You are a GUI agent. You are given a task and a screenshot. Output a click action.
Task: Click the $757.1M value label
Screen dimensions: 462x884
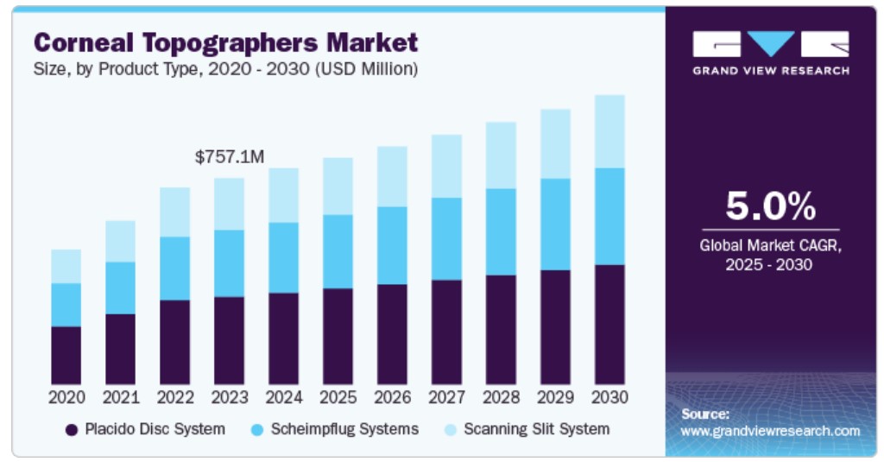(229, 157)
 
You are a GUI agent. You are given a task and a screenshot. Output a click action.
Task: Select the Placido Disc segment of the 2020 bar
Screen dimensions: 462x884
(66, 355)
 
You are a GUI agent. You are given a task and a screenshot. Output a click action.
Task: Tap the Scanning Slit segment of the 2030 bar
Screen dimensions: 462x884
(609, 131)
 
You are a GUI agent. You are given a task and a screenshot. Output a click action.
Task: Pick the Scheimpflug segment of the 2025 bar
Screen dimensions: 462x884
(338, 251)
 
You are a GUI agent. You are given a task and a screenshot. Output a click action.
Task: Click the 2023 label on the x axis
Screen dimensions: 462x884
(230, 398)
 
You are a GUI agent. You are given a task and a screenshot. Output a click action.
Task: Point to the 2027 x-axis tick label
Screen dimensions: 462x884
(446, 398)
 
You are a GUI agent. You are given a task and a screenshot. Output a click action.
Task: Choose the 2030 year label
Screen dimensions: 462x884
(609, 398)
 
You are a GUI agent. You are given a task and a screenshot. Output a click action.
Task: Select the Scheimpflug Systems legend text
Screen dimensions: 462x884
(344, 429)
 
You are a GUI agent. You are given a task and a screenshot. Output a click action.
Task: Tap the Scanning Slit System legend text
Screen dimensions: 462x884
(536, 429)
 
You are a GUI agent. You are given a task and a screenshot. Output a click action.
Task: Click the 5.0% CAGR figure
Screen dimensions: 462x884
(769, 207)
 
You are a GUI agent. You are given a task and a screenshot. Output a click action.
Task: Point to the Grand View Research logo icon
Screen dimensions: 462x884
(770, 44)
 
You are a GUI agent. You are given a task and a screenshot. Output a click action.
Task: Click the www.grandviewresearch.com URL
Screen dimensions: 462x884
(770, 431)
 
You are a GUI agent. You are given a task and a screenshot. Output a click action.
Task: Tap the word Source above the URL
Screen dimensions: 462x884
(705, 414)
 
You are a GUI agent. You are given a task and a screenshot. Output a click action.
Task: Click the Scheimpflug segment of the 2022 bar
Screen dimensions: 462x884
(174, 269)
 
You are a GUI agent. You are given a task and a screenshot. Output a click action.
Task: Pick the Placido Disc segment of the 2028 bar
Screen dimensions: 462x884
(501, 330)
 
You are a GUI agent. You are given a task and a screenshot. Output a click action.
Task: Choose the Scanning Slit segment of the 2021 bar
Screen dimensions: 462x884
(120, 241)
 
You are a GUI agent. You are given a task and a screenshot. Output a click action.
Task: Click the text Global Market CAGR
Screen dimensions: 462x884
(769, 246)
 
